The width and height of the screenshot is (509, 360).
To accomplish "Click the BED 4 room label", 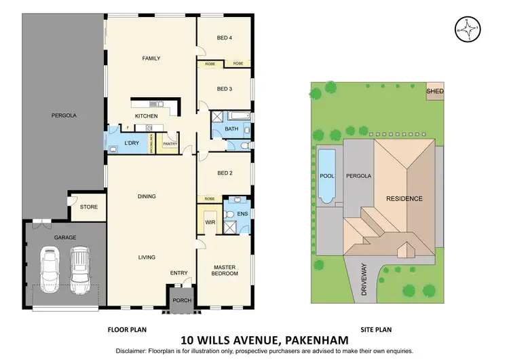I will [225, 38].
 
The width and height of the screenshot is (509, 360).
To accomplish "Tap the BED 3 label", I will [225, 89].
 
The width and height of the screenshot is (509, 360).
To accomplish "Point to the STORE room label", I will [88, 207].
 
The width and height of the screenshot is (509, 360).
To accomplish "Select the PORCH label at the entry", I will [182, 300].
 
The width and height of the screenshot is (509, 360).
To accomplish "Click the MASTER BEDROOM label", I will [225, 270].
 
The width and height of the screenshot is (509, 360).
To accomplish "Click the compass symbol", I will [466, 29].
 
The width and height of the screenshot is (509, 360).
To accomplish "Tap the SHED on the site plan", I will [434, 90].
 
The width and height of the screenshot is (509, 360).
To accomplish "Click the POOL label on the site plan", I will [326, 176].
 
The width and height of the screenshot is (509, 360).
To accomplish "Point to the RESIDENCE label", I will [404, 199].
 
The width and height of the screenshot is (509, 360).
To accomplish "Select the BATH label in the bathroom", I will [231, 128].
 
